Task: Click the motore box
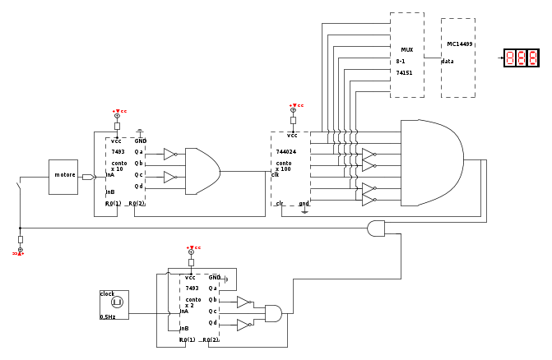coord(63,176)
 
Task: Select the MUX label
coord(406,49)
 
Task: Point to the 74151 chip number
coord(405,72)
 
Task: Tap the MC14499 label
coord(458,44)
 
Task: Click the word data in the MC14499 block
coord(448,61)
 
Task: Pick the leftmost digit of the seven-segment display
coord(510,58)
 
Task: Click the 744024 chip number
coord(285,152)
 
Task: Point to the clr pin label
coord(280,203)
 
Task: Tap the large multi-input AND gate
coord(430,163)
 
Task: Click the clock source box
coord(114,304)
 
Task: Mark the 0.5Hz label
coord(108,316)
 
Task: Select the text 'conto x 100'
coord(284,166)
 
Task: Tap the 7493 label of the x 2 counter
coord(192,288)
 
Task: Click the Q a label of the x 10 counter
coord(139,152)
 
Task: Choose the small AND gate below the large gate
coord(377,228)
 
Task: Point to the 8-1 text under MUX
coord(401,61)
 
